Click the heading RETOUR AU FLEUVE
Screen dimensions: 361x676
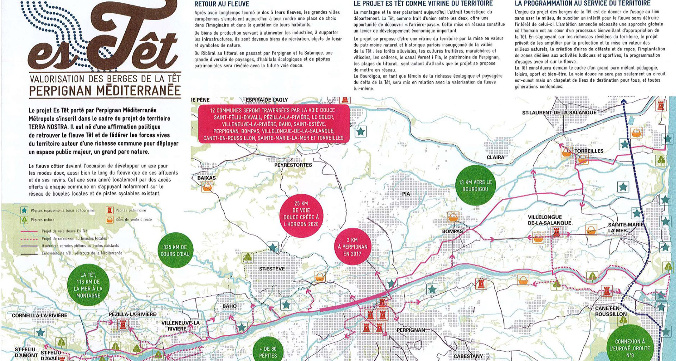coord(222,4)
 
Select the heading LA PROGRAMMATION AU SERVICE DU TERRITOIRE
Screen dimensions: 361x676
coord(582,4)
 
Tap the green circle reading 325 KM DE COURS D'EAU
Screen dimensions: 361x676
coord(175,250)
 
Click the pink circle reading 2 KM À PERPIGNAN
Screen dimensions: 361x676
coord(352,247)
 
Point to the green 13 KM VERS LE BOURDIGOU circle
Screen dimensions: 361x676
coord(475,185)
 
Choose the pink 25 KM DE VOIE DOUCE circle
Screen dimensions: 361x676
coord(301,214)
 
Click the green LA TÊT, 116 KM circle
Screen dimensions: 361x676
coord(88,285)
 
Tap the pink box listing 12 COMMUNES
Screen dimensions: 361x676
coord(274,124)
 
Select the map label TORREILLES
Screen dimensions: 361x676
coord(589,151)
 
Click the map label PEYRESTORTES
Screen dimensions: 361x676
coord(293,165)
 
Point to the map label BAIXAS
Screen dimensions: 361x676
coord(206,178)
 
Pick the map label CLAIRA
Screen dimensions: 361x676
coord(495,157)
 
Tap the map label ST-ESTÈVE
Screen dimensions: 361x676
coord(272,269)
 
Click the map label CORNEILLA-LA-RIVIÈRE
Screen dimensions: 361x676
coord(39,315)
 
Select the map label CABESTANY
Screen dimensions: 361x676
coord(468,356)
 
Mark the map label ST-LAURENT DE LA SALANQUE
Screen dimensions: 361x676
coord(559,112)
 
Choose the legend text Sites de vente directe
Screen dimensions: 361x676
coord(133,219)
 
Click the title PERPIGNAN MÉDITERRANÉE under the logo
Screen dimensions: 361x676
coord(105,91)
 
